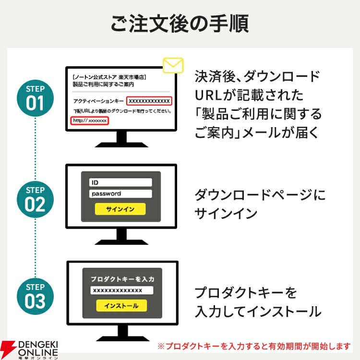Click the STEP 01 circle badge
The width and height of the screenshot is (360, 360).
[35, 98]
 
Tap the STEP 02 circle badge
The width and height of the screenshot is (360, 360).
[35, 200]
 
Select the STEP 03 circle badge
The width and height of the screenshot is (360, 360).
[35, 297]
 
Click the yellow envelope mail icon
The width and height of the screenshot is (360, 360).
[173, 65]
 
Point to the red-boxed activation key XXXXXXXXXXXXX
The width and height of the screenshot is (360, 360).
[149, 101]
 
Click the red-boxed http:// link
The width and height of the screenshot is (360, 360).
[90, 120]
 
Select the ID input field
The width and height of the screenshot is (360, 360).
[120, 182]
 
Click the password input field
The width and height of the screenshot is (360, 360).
[120, 193]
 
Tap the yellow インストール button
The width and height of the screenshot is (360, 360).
[121, 306]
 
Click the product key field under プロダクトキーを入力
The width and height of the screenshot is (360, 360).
[122, 290]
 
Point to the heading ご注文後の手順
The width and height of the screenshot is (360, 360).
[180, 24]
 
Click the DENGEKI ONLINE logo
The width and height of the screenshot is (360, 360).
[29, 349]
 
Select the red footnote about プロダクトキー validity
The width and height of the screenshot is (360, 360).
[254, 346]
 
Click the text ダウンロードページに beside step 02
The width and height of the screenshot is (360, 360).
[260, 195]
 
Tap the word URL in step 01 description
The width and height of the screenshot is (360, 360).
[208, 95]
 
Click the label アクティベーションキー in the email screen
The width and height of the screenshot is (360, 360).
[98, 101]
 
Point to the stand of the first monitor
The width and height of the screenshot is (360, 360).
[121, 139]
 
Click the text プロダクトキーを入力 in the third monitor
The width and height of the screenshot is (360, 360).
[122, 279]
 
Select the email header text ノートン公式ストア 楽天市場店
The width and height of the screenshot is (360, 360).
[109, 77]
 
